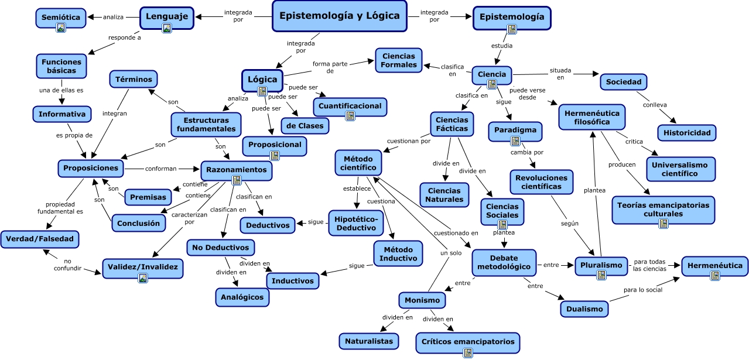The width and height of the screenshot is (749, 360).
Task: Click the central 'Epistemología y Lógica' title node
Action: pos(340,16)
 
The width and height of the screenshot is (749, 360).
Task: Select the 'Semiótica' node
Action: pos(61,18)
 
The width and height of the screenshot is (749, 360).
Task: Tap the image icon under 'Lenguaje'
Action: pos(167,28)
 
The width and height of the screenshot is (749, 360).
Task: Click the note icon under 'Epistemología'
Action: pos(512,29)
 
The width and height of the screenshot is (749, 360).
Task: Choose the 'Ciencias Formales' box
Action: pos(399,60)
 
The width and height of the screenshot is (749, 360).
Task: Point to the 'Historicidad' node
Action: pos(687,133)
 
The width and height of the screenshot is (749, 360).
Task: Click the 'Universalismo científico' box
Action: pos(680,169)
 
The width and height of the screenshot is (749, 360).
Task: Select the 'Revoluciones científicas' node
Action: pos(542,182)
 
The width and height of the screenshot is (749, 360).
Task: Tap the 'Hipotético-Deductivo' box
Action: pos(356,222)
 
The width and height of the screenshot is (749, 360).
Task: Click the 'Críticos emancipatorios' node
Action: pos(468,341)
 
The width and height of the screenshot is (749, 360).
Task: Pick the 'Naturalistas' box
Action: pos(369,341)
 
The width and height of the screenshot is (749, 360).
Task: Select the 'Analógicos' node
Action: pos(242,297)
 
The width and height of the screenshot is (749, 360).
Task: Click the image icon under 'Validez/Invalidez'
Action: pos(143,278)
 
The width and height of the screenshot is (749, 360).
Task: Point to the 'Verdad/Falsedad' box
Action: pos(39,239)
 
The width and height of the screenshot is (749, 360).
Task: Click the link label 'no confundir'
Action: pos(68,265)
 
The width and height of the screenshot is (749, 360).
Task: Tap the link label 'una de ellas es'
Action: pos(61,90)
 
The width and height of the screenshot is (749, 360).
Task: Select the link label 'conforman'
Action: pos(160,169)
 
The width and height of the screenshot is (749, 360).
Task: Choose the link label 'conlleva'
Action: pos(654,105)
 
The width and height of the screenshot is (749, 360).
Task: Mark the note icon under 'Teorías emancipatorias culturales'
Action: pos(663,224)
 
